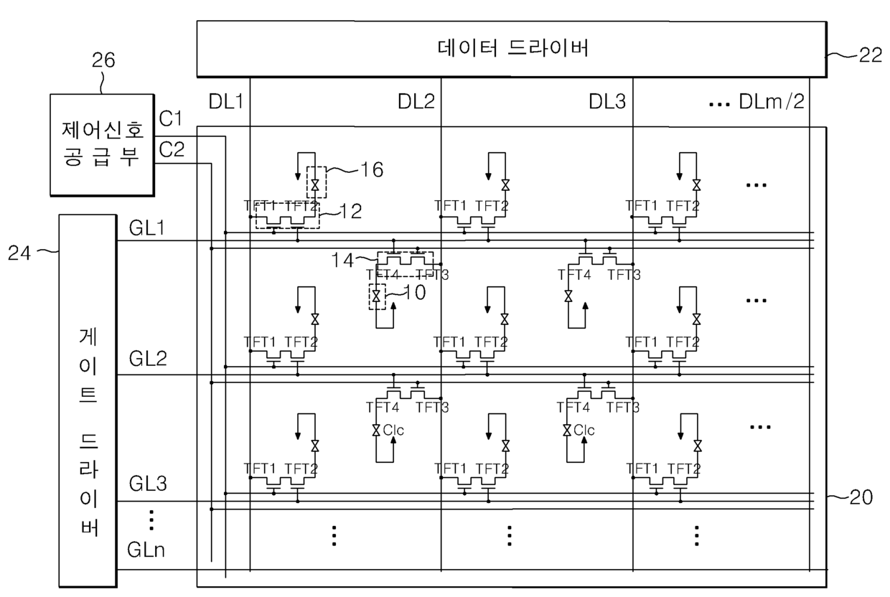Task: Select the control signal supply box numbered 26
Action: point(102,144)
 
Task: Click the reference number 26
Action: point(103,61)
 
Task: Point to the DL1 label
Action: point(226,102)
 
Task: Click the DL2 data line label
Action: point(416,102)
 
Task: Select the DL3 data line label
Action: point(609,102)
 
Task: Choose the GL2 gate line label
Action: point(147,358)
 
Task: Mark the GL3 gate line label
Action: point(147,484)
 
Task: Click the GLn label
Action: point(147,550)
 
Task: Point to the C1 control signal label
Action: point(172,118)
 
